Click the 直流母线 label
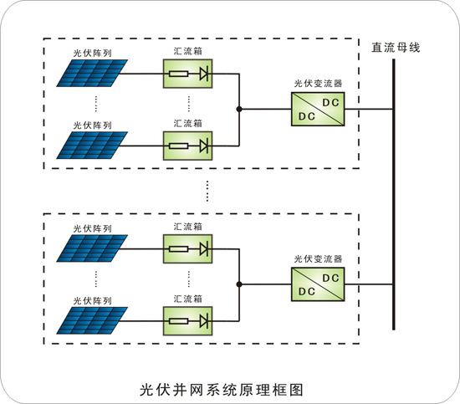(x=396, y=48)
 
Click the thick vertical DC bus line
(x=394, y=195)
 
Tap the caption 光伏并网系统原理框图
(x=222, y=390)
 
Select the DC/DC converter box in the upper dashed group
(x=318, y=109)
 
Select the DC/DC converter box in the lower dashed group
(x=318, y=284)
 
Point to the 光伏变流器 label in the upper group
(x=318, y=84)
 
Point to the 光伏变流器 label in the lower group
(x=318, y=258)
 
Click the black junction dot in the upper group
(x=239, y=109)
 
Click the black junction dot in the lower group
(x=239, y=284)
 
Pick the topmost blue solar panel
(x=92, y=73)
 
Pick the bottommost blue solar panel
(x=92, y=320)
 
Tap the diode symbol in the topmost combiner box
(x=204, y=74)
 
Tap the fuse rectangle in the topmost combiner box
(x=178, y=74)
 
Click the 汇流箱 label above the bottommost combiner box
(x=187, y=299)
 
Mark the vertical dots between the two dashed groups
(x=207, y=191)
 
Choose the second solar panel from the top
(x=92, y=146)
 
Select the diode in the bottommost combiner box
(x=204, y=321)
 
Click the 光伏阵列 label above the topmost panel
(x=92, y=53)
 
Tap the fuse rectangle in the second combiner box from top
(x=178, y=146)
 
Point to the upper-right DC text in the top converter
(x=331, y=102)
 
